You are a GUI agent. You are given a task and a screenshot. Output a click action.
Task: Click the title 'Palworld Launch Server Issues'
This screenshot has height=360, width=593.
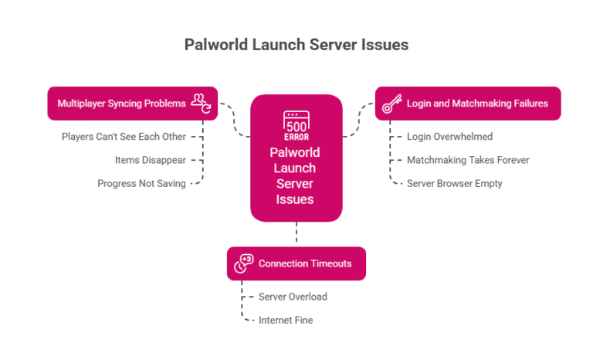point(296,45)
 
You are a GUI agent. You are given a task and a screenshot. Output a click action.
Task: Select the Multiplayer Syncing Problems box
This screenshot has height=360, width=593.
point(132,103)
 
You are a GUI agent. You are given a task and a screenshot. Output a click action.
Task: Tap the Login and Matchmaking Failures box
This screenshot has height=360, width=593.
point(468,103)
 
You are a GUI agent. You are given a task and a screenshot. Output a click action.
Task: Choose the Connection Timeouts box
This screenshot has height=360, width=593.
point(296,263)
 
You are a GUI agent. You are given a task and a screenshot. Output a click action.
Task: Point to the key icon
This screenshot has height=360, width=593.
point(391,103)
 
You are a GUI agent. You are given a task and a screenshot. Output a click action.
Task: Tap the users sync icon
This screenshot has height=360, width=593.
point(202,103)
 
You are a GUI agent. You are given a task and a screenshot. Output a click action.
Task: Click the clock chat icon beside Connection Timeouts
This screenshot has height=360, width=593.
point(244,263)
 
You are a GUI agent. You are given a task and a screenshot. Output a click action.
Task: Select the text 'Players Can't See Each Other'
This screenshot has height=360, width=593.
point(124,137)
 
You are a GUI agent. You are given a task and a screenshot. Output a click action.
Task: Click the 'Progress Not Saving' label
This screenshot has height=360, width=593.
point(141,183)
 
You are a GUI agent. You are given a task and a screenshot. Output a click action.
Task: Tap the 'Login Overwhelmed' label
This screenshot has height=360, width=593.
point(449,137)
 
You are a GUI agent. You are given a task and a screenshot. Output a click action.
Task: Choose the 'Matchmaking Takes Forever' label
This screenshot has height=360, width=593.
point(468,160)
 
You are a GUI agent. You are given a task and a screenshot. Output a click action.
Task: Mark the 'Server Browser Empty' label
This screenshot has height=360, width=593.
point(456,183)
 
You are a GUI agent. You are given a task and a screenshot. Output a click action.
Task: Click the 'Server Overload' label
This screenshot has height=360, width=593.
point(293,297)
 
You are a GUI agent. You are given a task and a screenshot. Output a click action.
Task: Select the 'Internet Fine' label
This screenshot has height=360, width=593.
point(286,320)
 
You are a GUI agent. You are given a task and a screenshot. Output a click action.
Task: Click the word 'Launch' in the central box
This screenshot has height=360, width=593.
point(296,168)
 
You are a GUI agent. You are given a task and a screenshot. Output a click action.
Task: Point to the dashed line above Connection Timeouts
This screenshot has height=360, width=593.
point(296,234)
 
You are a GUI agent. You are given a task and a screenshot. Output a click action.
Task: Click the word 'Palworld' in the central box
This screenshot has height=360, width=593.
point(296,152)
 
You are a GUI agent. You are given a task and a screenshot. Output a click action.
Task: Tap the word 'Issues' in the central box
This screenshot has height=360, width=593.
point(296,199)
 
